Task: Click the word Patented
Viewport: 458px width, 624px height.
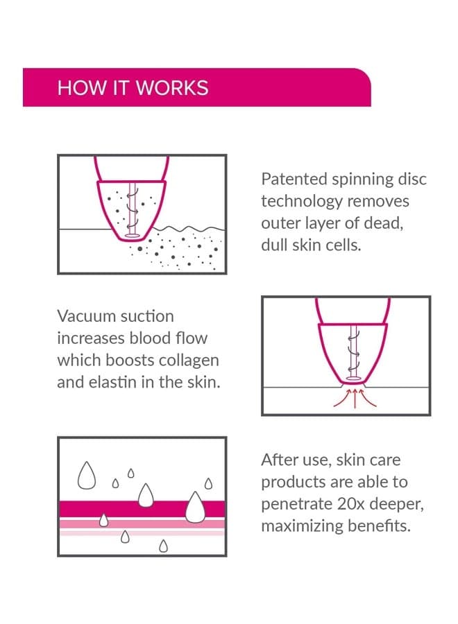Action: pyautogui.click(x=294, y=179)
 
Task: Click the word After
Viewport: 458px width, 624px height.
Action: pyautogui.click(x=280, y=460)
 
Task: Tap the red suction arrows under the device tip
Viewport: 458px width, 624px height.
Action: pyautogui.click(x=355, y=399)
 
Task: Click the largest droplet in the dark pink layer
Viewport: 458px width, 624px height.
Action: pyautogui.click(x=195, y=508)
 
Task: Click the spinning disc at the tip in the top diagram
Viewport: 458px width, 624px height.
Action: pyautogui.click(x=133, y=236)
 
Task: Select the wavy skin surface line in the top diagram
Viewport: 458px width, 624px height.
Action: pyautogui.click(x=189, y=229)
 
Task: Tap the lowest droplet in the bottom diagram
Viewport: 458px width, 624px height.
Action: pyautogui.click(x=163, y=546)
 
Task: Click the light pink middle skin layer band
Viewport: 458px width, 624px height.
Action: pyautogui.click(x=142, y=523)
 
